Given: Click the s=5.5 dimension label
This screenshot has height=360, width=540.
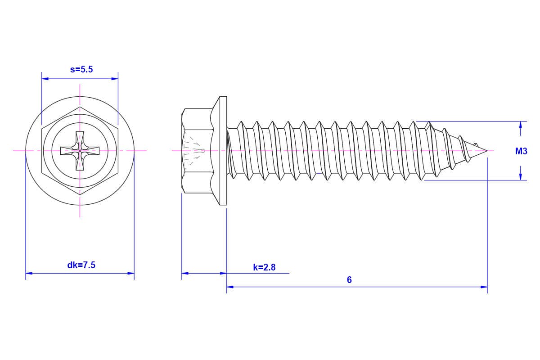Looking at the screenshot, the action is coord(81,69).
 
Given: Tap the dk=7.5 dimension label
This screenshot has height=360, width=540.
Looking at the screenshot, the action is coord(81,265).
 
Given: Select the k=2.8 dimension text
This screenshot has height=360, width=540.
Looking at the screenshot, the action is coord(264,267).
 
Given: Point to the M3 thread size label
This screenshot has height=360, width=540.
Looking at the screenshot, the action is coord(521,151).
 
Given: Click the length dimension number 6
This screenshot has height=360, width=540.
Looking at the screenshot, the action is coord(349,280).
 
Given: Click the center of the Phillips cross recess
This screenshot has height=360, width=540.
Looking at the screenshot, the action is coord(80,151).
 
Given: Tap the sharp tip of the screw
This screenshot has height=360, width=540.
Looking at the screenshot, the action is coord(487,151).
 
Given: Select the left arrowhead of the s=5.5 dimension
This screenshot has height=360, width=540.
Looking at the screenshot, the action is coord(45,79).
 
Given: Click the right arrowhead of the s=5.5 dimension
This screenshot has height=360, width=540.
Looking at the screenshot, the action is coord(115,79).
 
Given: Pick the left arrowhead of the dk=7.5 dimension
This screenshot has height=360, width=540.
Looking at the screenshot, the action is coord(29,273).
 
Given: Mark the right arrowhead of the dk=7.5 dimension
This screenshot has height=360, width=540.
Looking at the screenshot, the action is coord(131,273).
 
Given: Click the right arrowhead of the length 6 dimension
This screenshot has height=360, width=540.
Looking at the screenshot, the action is coord(484,287).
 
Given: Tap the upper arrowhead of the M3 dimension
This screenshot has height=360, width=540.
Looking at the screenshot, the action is coord(521,125).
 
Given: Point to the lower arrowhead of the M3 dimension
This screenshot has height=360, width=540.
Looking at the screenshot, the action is coord(521,177).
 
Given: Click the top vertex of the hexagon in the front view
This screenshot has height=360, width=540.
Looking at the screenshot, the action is coord(80,107).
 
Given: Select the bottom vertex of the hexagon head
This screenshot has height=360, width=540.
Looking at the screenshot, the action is coord(80,195).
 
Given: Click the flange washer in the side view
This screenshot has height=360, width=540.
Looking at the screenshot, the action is coord(223,151).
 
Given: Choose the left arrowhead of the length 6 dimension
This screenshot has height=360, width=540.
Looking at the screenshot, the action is coord(230,287).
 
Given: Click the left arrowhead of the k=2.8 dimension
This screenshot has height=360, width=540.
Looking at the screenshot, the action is coord(185,273).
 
